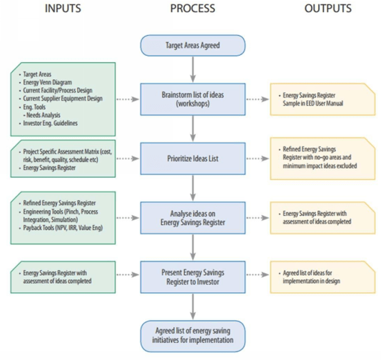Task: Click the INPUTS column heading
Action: coord(63,9)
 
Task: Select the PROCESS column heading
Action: coord(193,9)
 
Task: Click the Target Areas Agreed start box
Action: coord(193,46)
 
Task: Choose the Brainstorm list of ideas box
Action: coord(193,99)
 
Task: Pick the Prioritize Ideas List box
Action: coord(193,156)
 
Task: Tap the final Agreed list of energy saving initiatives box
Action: coord(193,335)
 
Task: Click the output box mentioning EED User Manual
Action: coord(321,99)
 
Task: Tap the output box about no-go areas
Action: coord(321,156)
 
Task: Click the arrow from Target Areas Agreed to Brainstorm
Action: coord(193,70)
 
